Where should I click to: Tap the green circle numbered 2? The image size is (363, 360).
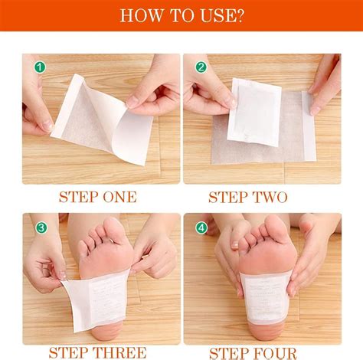click(x=201, y=67)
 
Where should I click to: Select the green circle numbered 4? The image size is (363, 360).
click(x=201, y=227)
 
